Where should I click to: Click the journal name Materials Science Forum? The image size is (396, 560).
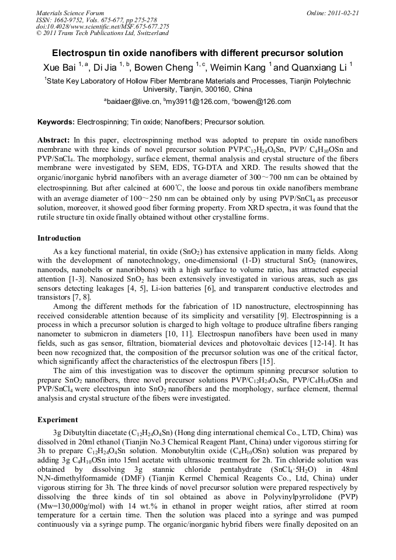(70, 13)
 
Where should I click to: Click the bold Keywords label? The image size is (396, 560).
(56, 122)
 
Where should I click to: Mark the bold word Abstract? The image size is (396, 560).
(54, 141)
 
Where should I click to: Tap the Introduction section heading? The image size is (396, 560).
(59, 238)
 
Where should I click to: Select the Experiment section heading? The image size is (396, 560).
(57, 419)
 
